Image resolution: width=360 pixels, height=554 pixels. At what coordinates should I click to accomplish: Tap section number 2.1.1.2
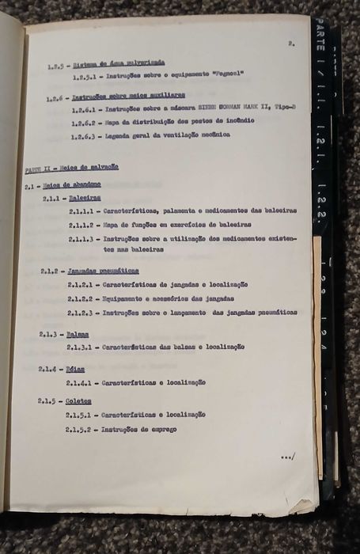pos(82,225)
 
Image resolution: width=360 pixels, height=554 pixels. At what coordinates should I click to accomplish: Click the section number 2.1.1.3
pos(82,238)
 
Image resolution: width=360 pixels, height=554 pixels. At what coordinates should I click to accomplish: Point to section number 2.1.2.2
pos(81,298)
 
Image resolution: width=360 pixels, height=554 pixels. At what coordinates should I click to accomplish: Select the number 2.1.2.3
pos(81,313)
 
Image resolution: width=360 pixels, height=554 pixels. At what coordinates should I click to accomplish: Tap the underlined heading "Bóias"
pos(77,369)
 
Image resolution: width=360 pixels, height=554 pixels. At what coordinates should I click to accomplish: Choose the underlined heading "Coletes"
pos(80,401)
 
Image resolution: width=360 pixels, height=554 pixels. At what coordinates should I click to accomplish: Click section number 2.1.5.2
pos(81,430)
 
